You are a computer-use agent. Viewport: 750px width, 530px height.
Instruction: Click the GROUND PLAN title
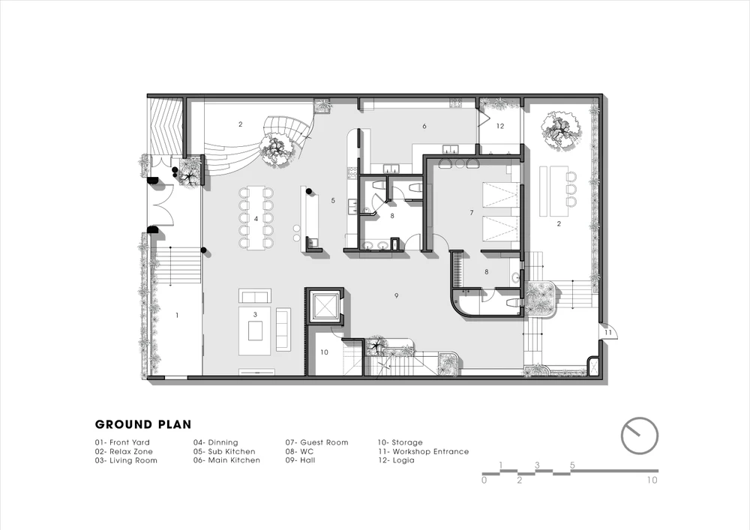tap(143, 424)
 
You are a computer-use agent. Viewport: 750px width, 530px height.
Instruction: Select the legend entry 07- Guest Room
tap(316, 442)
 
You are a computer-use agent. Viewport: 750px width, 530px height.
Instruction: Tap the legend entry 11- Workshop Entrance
tap(423, 451)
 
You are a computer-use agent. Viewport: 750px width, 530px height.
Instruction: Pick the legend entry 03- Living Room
tap(126, 461)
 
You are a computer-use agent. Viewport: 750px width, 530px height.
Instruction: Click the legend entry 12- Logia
tap(396, 460)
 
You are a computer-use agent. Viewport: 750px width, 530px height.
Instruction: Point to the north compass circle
tap(640, 436)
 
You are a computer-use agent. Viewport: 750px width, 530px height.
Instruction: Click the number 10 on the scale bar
tap(652, 480)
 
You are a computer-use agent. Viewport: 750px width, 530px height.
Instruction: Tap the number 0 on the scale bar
tap(484, 480)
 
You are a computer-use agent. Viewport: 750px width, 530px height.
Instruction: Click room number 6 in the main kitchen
tap(424, 126)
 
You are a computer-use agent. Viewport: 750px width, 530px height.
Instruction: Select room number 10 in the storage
tap(324, 352)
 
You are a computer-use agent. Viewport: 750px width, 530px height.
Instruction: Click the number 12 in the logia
tap(500, 126)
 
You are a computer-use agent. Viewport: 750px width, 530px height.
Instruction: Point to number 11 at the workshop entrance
tap(608, 332)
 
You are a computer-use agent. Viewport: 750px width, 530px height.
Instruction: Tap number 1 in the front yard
tap(178, 316)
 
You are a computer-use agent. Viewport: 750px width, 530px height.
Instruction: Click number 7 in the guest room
tap(472, 212)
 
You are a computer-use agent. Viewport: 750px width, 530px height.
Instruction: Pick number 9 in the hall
tap(397, 296)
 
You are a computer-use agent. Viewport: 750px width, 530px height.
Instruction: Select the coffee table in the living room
tap(255, 331)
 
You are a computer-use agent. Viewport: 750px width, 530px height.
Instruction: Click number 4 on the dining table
tap(256, 219)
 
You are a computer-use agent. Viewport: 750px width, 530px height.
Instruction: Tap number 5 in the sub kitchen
tap(334, 201)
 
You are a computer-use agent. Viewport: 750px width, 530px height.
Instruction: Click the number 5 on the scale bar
tap(572, 465)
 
